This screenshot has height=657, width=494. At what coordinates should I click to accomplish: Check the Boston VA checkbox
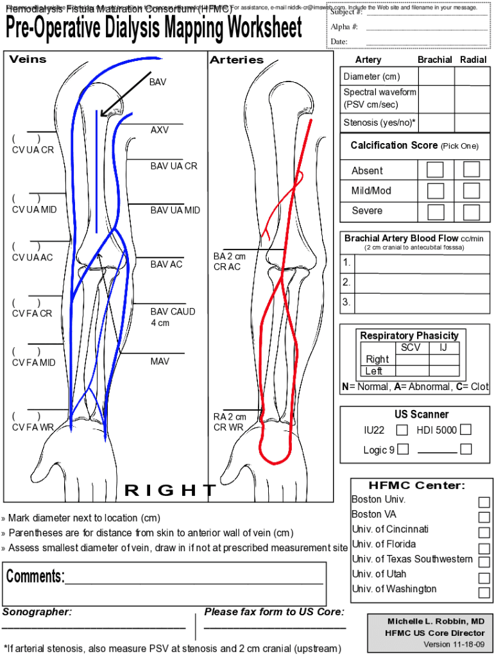tap(484, 517)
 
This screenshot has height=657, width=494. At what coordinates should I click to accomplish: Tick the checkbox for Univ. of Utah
tap(484, 577)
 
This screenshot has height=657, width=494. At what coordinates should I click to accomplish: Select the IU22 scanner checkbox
tap(402, 430)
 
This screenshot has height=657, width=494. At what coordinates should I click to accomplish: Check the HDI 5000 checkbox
tap(465, 429)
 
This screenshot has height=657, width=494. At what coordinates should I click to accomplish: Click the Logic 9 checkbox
tap(402, 449)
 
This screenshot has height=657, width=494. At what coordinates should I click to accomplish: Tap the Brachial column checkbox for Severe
tap(436, 212)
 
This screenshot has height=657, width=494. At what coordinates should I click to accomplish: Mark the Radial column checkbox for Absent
tap(472, 169)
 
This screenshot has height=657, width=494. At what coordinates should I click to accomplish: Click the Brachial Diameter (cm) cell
tap(436, 76)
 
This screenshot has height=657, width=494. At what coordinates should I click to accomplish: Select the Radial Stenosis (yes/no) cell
tap(472, 122)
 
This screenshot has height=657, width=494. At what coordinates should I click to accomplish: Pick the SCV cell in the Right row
tap(411, 359)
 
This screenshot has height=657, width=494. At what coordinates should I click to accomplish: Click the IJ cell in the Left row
tap(443, 371)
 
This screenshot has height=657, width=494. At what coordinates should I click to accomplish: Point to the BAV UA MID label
tap(175, 210)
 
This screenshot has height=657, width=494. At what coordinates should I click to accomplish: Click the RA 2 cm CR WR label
tap(229, 422)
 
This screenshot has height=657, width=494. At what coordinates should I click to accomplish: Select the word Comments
tap(35, 576)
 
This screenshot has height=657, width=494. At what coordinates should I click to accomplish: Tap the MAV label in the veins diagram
tap(160, 362)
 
